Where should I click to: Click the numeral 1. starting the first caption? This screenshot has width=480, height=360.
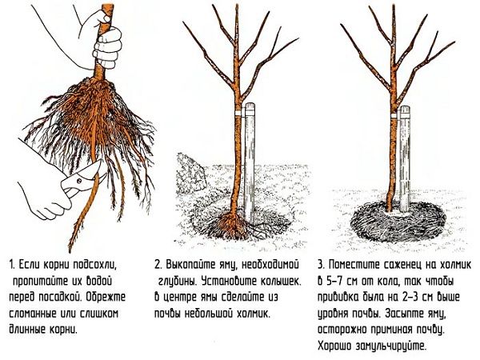(x=11, y=264)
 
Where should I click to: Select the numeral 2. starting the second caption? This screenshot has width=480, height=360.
(x=160, y=264)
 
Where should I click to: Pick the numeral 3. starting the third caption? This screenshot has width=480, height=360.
(x=321, y=264)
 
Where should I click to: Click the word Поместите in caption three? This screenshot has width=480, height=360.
(x=355, y=264)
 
